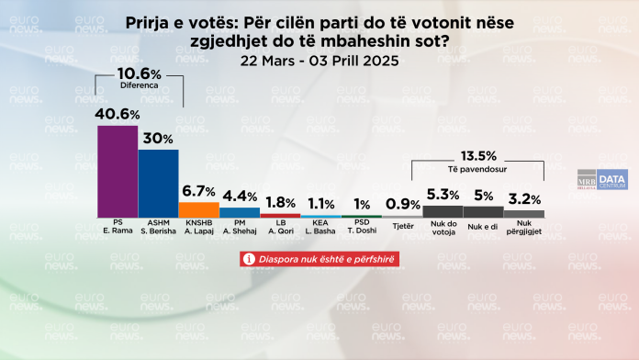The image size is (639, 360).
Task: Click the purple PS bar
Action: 118,171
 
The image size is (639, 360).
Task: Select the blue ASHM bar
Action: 158,183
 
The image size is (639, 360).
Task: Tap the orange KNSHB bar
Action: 198,209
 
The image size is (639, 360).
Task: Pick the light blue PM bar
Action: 239,212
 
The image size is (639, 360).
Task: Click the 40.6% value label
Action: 118,114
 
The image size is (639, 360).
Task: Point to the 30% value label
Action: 158,137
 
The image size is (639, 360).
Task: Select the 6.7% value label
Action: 198,191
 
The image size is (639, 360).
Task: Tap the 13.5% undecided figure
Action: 477,155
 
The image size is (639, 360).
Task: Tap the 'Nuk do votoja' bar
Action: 442,211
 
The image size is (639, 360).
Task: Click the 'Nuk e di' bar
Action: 482,212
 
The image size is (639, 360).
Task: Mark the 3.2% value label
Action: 523,197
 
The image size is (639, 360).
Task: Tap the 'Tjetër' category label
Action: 401,225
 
